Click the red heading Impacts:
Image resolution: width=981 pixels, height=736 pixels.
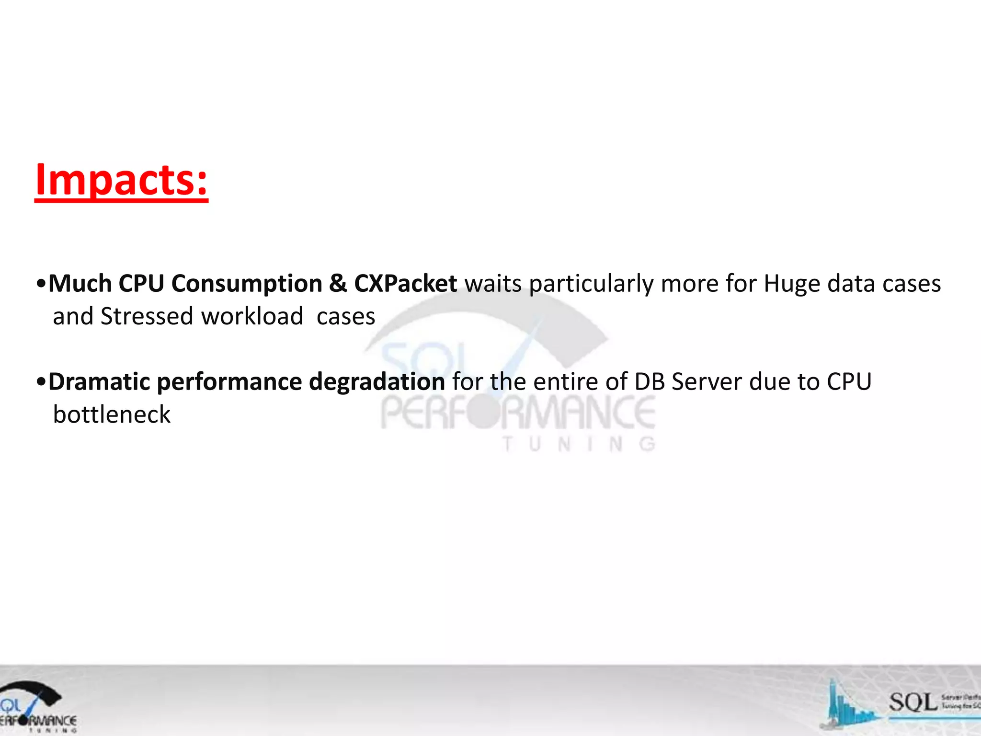[122, 180]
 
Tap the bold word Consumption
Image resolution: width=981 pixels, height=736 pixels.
[247, 284]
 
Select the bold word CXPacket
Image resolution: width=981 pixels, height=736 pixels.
[405, 284]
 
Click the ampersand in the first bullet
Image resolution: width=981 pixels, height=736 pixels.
[338, 284]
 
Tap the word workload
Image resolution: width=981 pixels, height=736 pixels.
[252, 316]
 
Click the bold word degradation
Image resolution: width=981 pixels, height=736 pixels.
[377, 382]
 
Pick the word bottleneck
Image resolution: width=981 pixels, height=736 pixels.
[112, 414]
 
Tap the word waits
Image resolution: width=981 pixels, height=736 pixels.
[493, 284]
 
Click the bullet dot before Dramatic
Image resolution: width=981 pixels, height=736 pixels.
[41, 382]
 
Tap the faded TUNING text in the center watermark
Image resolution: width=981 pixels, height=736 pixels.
[579, 445]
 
